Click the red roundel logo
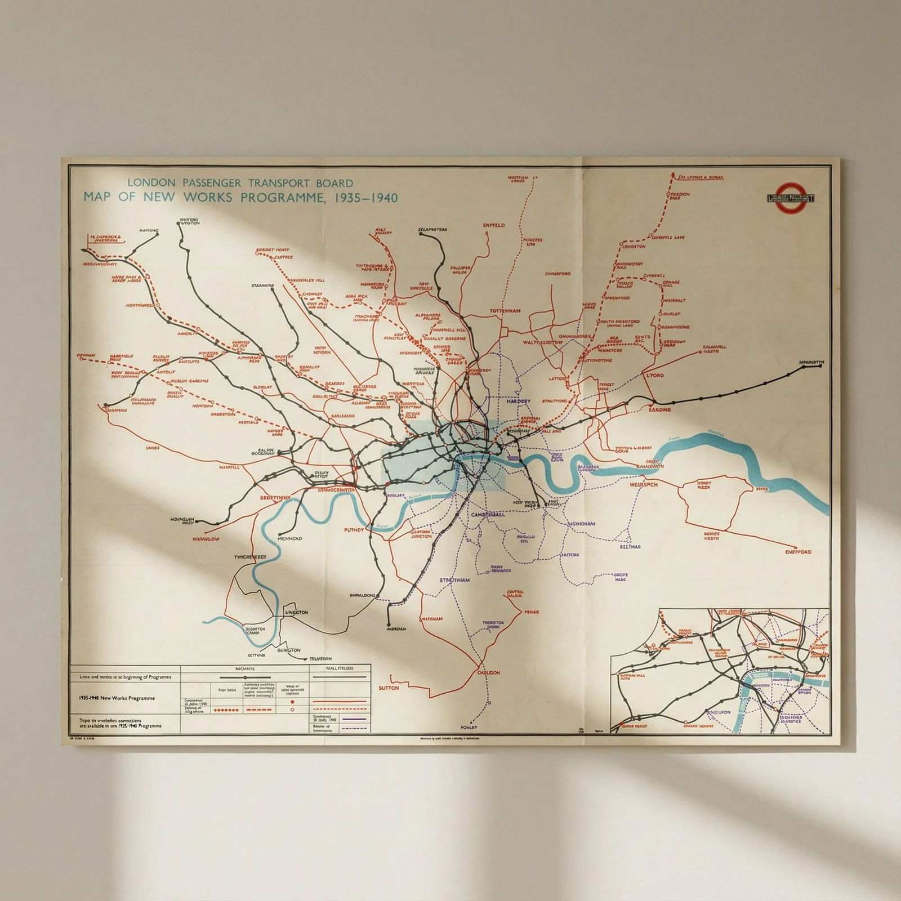point(790,198)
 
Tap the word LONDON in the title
point(146,183)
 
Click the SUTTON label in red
point(389,688)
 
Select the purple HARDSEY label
point(518,402)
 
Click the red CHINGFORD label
point(557,274)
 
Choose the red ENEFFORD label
point(798,552)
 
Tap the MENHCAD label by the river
point(289,538)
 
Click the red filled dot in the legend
point(292,703)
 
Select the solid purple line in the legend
point(354,718)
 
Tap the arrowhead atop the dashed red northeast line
point(673,176)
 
